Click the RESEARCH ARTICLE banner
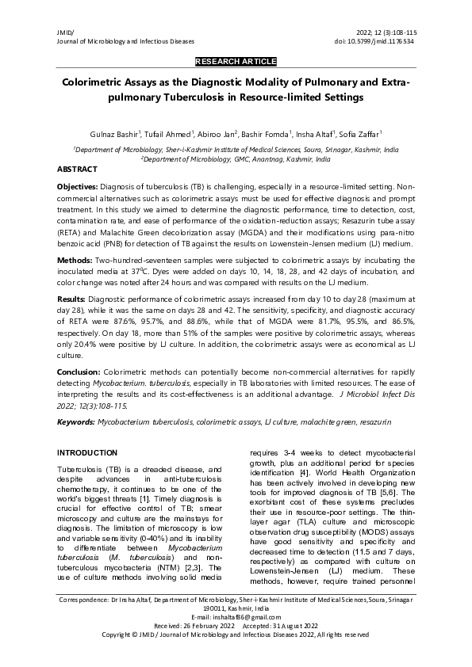(x=236, y=61)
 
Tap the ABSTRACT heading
(x=77, y=170)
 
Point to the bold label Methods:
(x=75, y=261)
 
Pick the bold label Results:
(x=73, y=299)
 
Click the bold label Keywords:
(x=76, y=422)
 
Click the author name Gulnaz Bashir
(x=114, y=135)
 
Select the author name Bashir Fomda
(x=265, y=135)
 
